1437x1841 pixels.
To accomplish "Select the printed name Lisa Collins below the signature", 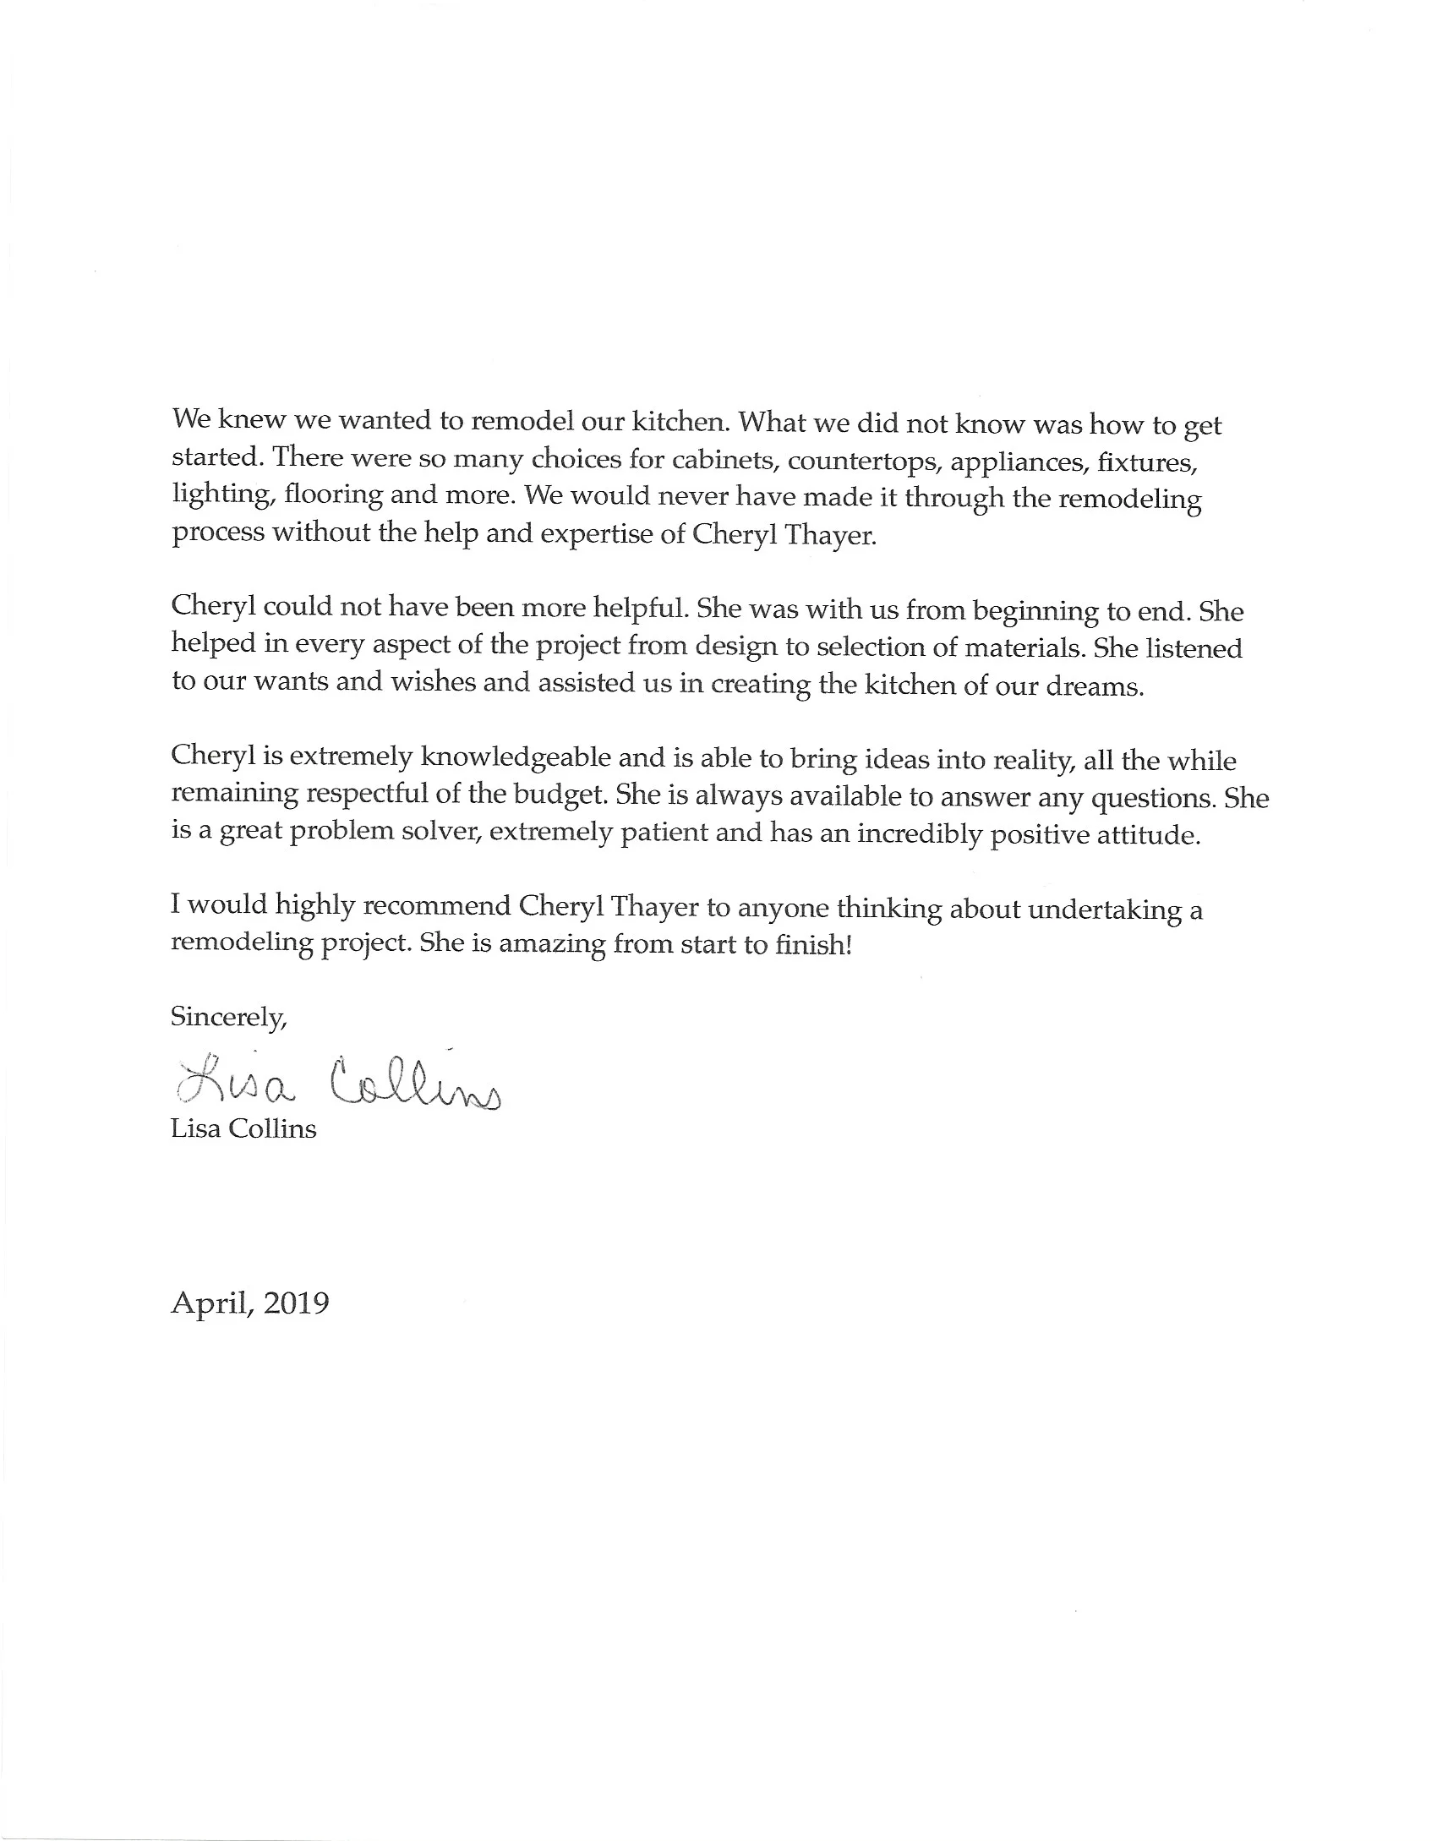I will pyautogui.click(x=243, y=1129).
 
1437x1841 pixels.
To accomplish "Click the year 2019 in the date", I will pyautogui.click(x=296, y=1303).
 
